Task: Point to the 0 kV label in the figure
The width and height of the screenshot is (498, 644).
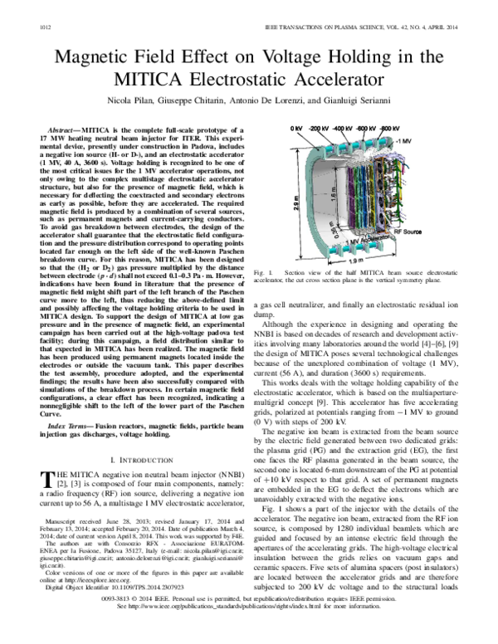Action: (296, 129)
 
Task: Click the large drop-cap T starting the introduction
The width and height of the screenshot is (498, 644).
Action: (46, 478)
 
